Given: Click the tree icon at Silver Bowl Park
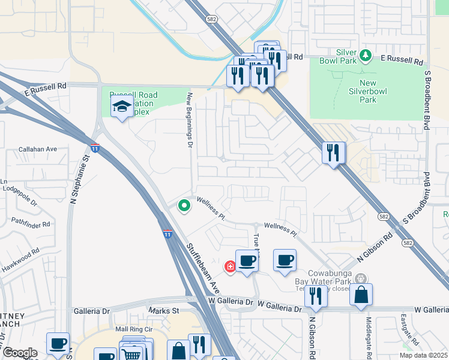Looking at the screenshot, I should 366,56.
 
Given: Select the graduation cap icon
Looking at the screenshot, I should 122,107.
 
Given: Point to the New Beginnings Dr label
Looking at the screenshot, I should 189,120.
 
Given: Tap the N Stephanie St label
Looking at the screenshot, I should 76,178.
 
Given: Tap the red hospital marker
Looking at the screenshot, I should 229,266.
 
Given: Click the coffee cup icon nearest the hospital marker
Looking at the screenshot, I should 247,261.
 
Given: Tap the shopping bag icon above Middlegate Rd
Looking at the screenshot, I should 361,295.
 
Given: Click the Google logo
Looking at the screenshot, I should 20,353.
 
